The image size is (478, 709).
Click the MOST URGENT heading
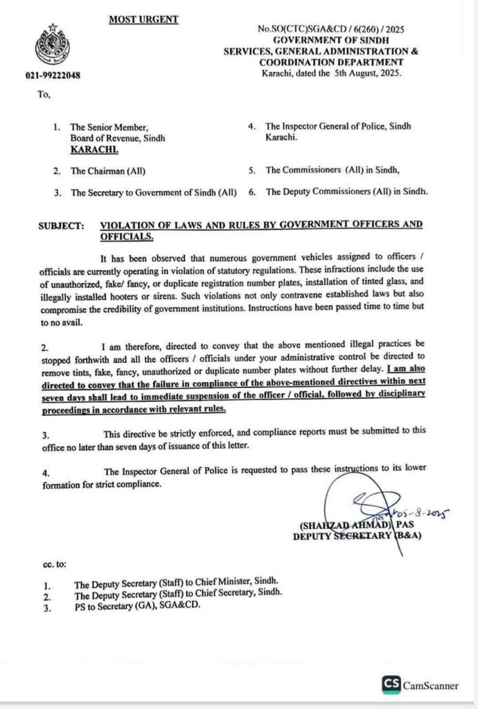[143, 19]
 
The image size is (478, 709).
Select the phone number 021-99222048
[53, 75]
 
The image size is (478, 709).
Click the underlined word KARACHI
[94, 149]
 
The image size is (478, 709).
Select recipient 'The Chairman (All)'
[108, 170]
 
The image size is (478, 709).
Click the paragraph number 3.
[45, 434]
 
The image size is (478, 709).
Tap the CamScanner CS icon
[391, 685]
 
